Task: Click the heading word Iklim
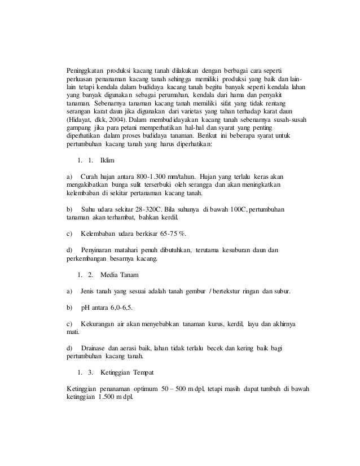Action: point(115,160)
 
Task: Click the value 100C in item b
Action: point(235,208)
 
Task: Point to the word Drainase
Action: point(96,348)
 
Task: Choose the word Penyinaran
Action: point(98,249)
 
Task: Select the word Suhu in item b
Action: point(90,208)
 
